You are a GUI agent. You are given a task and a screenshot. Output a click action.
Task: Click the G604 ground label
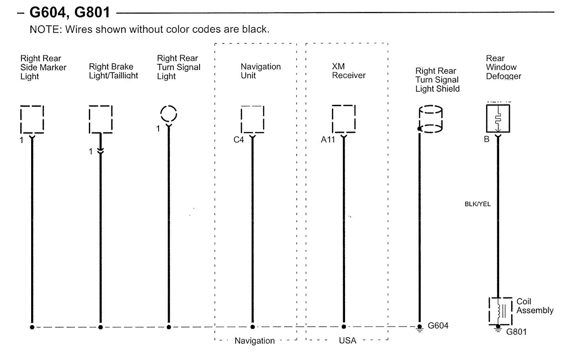[x=438, y=326]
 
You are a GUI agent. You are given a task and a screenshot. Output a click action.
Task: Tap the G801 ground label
[x=516, y=332]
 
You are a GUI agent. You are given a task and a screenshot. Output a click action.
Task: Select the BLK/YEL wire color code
[x=477, y=204]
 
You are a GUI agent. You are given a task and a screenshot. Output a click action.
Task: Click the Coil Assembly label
[x=534, y=306]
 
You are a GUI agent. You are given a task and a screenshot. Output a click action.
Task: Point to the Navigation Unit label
[x=261, y=71]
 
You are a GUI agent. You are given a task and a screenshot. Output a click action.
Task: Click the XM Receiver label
[x=348, y=71]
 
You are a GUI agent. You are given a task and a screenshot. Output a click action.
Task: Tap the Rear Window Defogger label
[x=503, y=67]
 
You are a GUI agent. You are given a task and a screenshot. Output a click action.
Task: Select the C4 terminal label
[x=239, y=140]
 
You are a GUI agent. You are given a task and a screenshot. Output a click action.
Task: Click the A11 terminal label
[x=327, y=140]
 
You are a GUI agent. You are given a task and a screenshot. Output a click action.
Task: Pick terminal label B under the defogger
[x=486, y=139]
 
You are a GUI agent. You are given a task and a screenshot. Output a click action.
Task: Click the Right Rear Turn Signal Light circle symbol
[x=168, y=113]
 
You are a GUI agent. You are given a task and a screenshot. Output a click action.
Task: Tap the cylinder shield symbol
[x=430, y=119]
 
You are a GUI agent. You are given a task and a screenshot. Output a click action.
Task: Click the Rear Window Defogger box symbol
[x=497, y=119]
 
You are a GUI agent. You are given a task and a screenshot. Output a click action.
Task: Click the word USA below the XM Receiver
[x=348, y=341]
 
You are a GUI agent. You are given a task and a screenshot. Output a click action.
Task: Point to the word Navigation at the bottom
[x=254, y=341]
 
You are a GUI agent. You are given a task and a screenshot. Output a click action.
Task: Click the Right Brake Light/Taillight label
[x=113, y=71]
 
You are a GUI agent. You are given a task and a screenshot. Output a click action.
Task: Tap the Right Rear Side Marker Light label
[x=43, y=67]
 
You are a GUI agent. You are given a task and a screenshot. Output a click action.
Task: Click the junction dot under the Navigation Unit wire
[x=252, y=327]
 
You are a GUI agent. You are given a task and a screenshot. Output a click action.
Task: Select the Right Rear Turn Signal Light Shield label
[x=437, y=80]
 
